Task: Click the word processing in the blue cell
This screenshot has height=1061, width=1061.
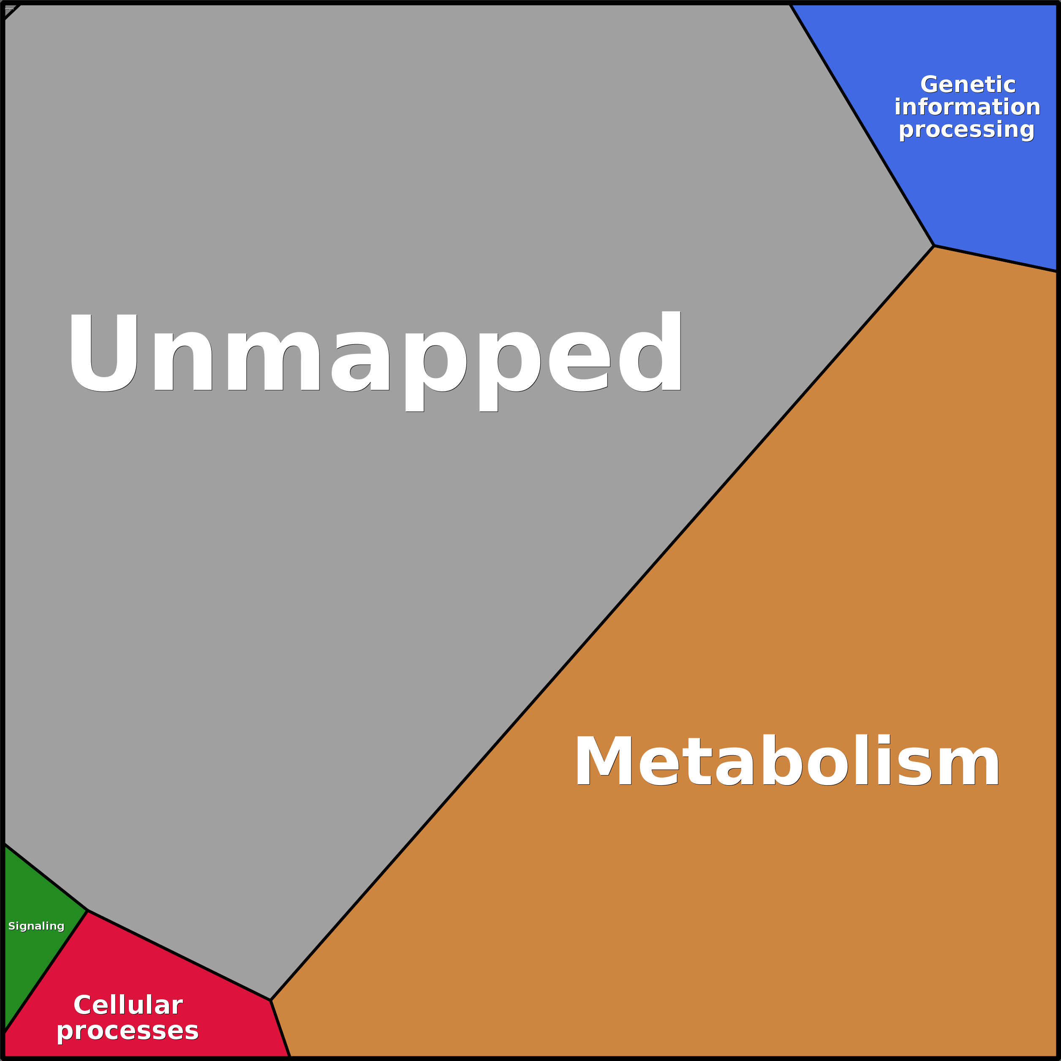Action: (x=966, y=130)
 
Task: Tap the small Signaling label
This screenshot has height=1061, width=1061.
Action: (x=36, y=926)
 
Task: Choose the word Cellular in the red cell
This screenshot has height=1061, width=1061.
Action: (x=128, y=1005)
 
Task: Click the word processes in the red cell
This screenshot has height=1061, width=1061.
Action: (x=128, y=1031)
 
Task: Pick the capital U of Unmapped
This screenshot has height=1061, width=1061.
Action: (x=103, y=353)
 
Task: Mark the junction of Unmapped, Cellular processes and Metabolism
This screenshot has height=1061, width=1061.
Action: (x=271, y=1000)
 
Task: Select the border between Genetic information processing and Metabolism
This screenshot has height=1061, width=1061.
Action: (x=995, y=258)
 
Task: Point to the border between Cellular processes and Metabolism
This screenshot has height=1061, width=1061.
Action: (x=280, y=1028)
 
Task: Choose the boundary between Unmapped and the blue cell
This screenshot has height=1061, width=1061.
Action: (x=862, y=125)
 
